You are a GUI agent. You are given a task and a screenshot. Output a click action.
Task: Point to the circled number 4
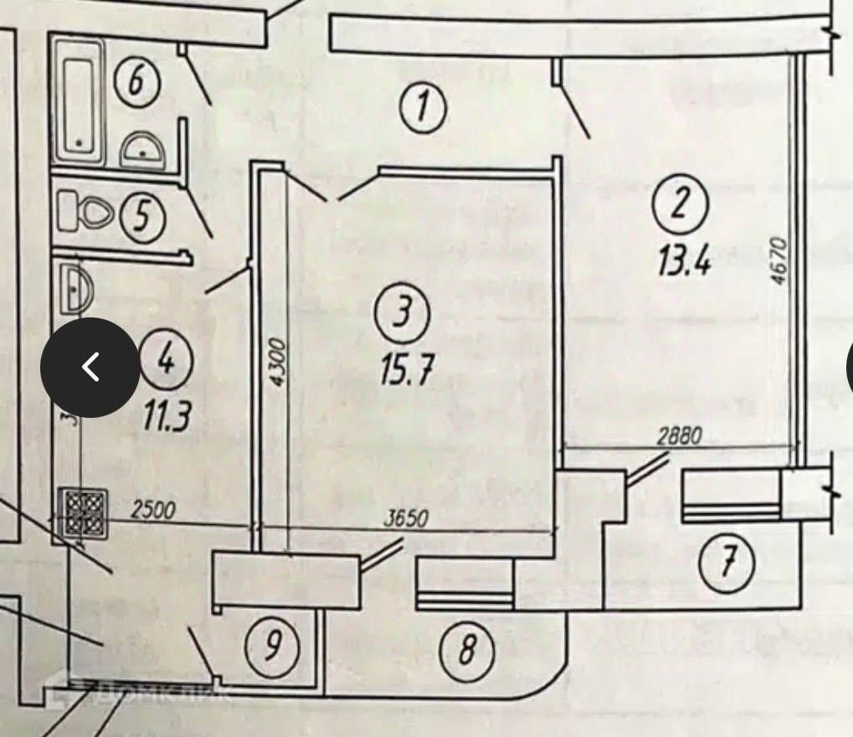click(166, 361)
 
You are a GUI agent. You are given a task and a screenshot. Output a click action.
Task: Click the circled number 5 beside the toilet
click(143, 218)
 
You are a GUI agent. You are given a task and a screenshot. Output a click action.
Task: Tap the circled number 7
click(727, 562)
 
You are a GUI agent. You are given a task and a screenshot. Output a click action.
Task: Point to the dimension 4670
click(779, 261)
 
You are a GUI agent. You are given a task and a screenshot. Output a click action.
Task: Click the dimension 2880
click(679, 435)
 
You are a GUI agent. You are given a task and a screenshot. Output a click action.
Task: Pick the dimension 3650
click(405, 518)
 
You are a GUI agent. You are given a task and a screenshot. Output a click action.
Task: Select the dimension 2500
click(155, 510)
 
